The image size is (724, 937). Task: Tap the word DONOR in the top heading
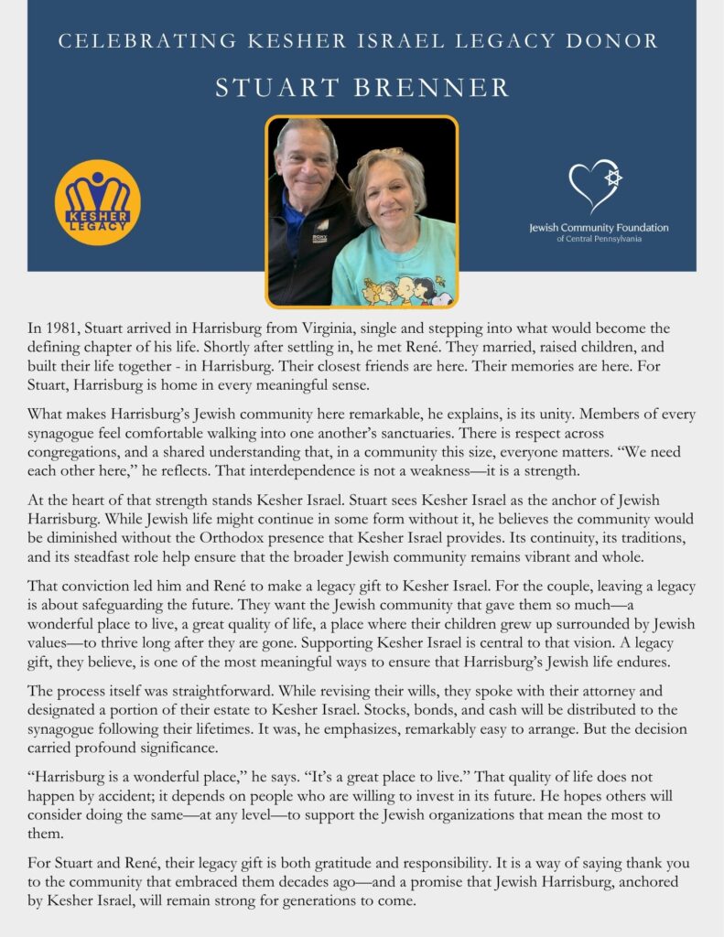pyautogui.click(x=614, y=41)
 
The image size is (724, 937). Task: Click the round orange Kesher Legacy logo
pyautogui.click(x=98, y=202)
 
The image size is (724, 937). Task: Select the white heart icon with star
pyautogui.click(x=595, y=186)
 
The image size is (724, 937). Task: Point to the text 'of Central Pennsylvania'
pyautogui.click(x=599, y=239)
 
